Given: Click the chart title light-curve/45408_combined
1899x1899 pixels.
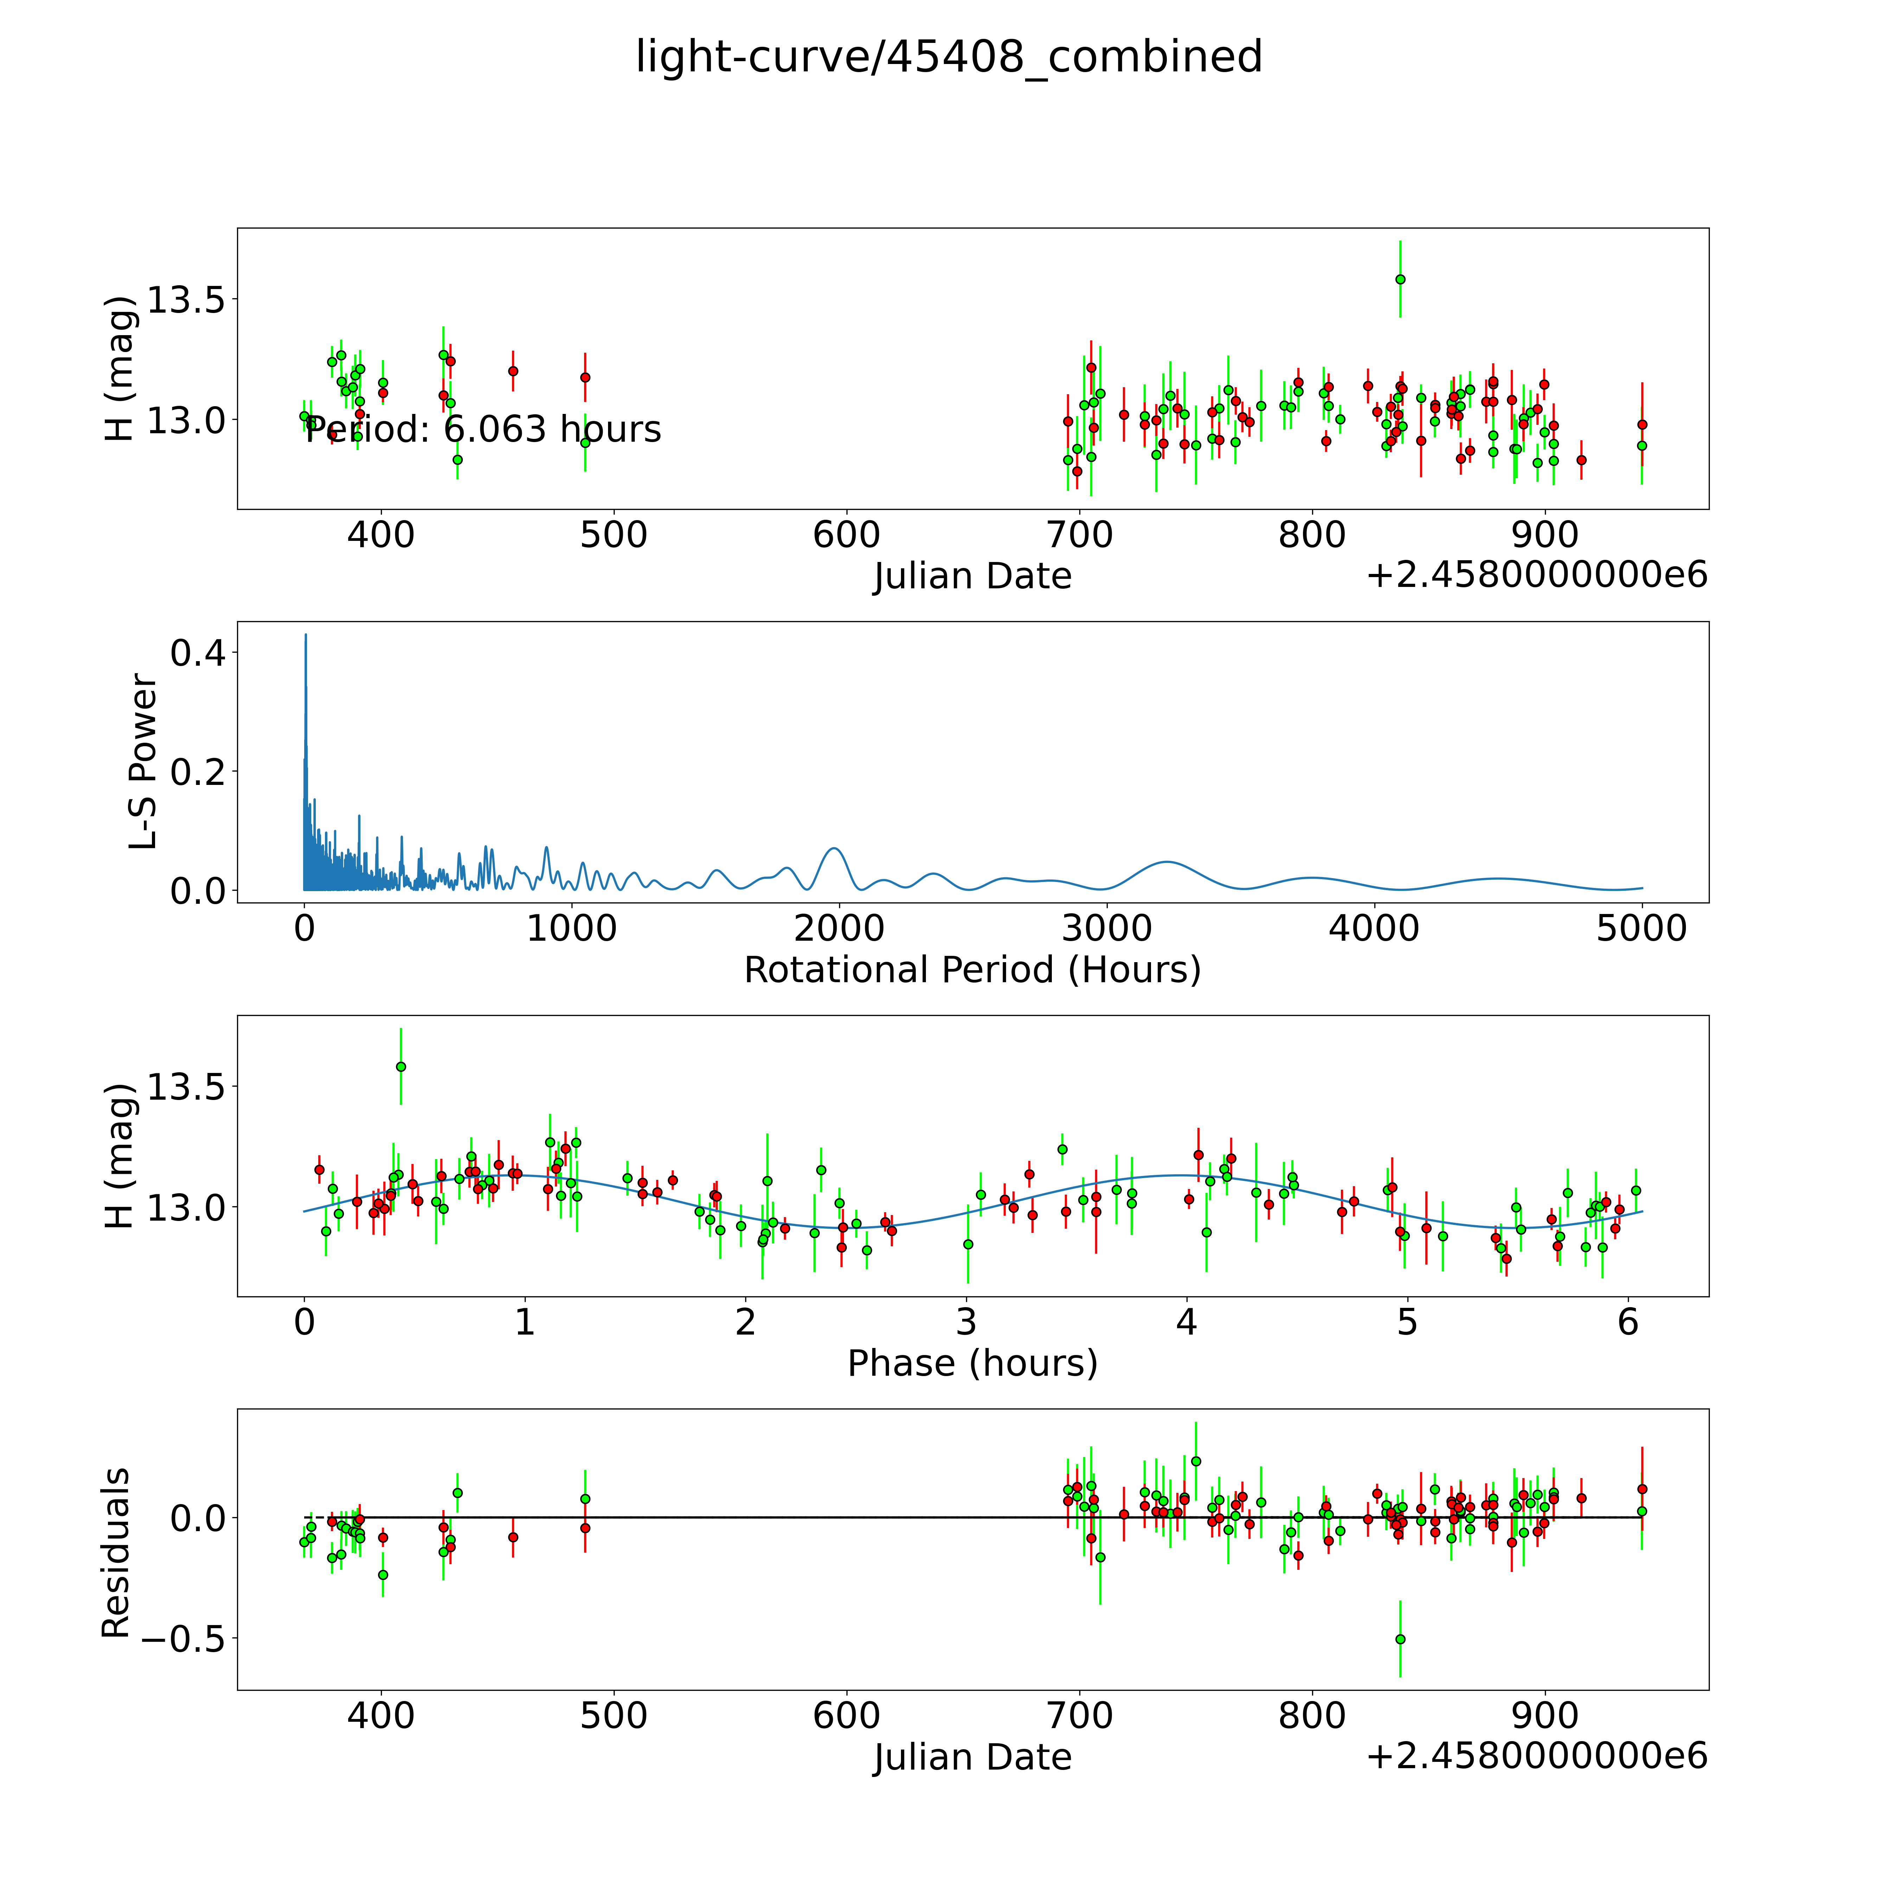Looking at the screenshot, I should pos(948,57).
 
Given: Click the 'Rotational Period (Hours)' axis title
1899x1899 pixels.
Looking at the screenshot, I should pos(972,970).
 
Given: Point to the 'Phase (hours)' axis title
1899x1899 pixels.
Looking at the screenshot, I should pos(972,1363).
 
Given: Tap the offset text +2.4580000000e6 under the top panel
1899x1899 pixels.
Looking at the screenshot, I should pos(1536,575).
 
